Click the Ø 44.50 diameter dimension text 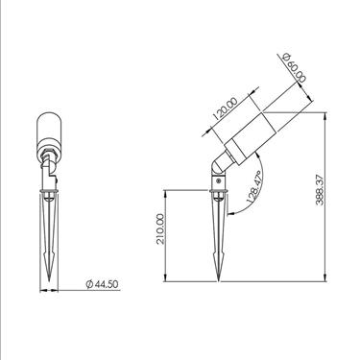tap(103, 286)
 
